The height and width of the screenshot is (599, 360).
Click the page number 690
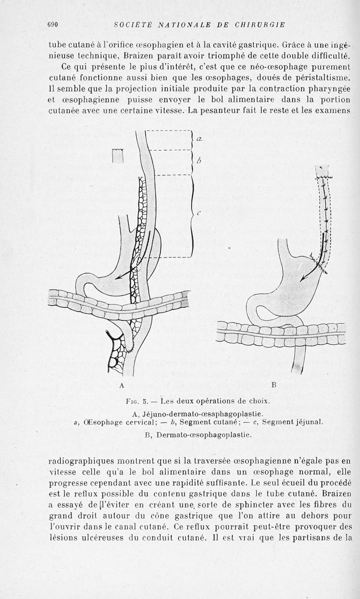pos(54,25)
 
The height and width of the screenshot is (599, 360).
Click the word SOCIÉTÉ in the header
pos(133,25)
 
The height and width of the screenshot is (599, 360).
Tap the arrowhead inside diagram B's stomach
pos(302,279)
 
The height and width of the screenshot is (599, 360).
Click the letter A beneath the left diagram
pos(121,385)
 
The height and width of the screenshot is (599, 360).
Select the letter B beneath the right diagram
pos(274,385)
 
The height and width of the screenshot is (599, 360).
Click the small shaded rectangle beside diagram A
pos(117,156)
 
